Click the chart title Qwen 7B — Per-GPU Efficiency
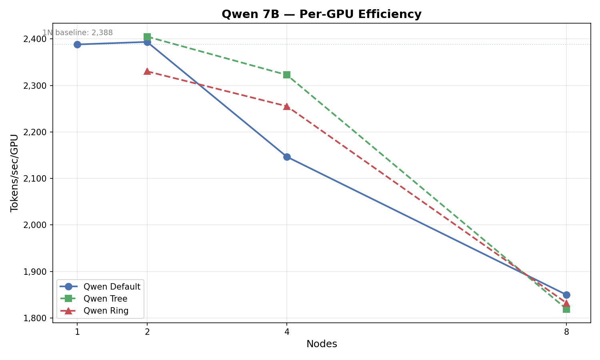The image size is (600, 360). click(321, 14)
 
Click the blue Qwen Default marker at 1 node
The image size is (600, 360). click(77, 44)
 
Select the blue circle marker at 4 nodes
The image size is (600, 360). click(287, 157)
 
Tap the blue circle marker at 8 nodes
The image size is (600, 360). click(566, 295)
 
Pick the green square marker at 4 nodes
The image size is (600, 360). click(287, 75)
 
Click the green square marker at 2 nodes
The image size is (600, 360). click(147, 37)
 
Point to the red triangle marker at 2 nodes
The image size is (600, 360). click(147, 71)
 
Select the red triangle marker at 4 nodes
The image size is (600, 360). click(287, 106)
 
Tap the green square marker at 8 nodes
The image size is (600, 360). click(566, 309)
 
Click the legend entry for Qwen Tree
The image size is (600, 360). click(105, 299)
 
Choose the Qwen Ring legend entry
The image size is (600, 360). click(106, 311)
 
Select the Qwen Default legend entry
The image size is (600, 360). click(112, 287)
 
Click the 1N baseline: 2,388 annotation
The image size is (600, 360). click(78, 33)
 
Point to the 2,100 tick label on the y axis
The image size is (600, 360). click(35, 179)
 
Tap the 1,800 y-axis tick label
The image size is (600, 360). click(35, 318)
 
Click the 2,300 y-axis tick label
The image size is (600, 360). click(35, 86)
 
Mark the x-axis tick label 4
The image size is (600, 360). click(287, 332)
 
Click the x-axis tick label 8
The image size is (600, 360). click(566, 332)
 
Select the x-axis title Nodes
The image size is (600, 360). click(322, 344)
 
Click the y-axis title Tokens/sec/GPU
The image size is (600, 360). click(14, 173)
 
